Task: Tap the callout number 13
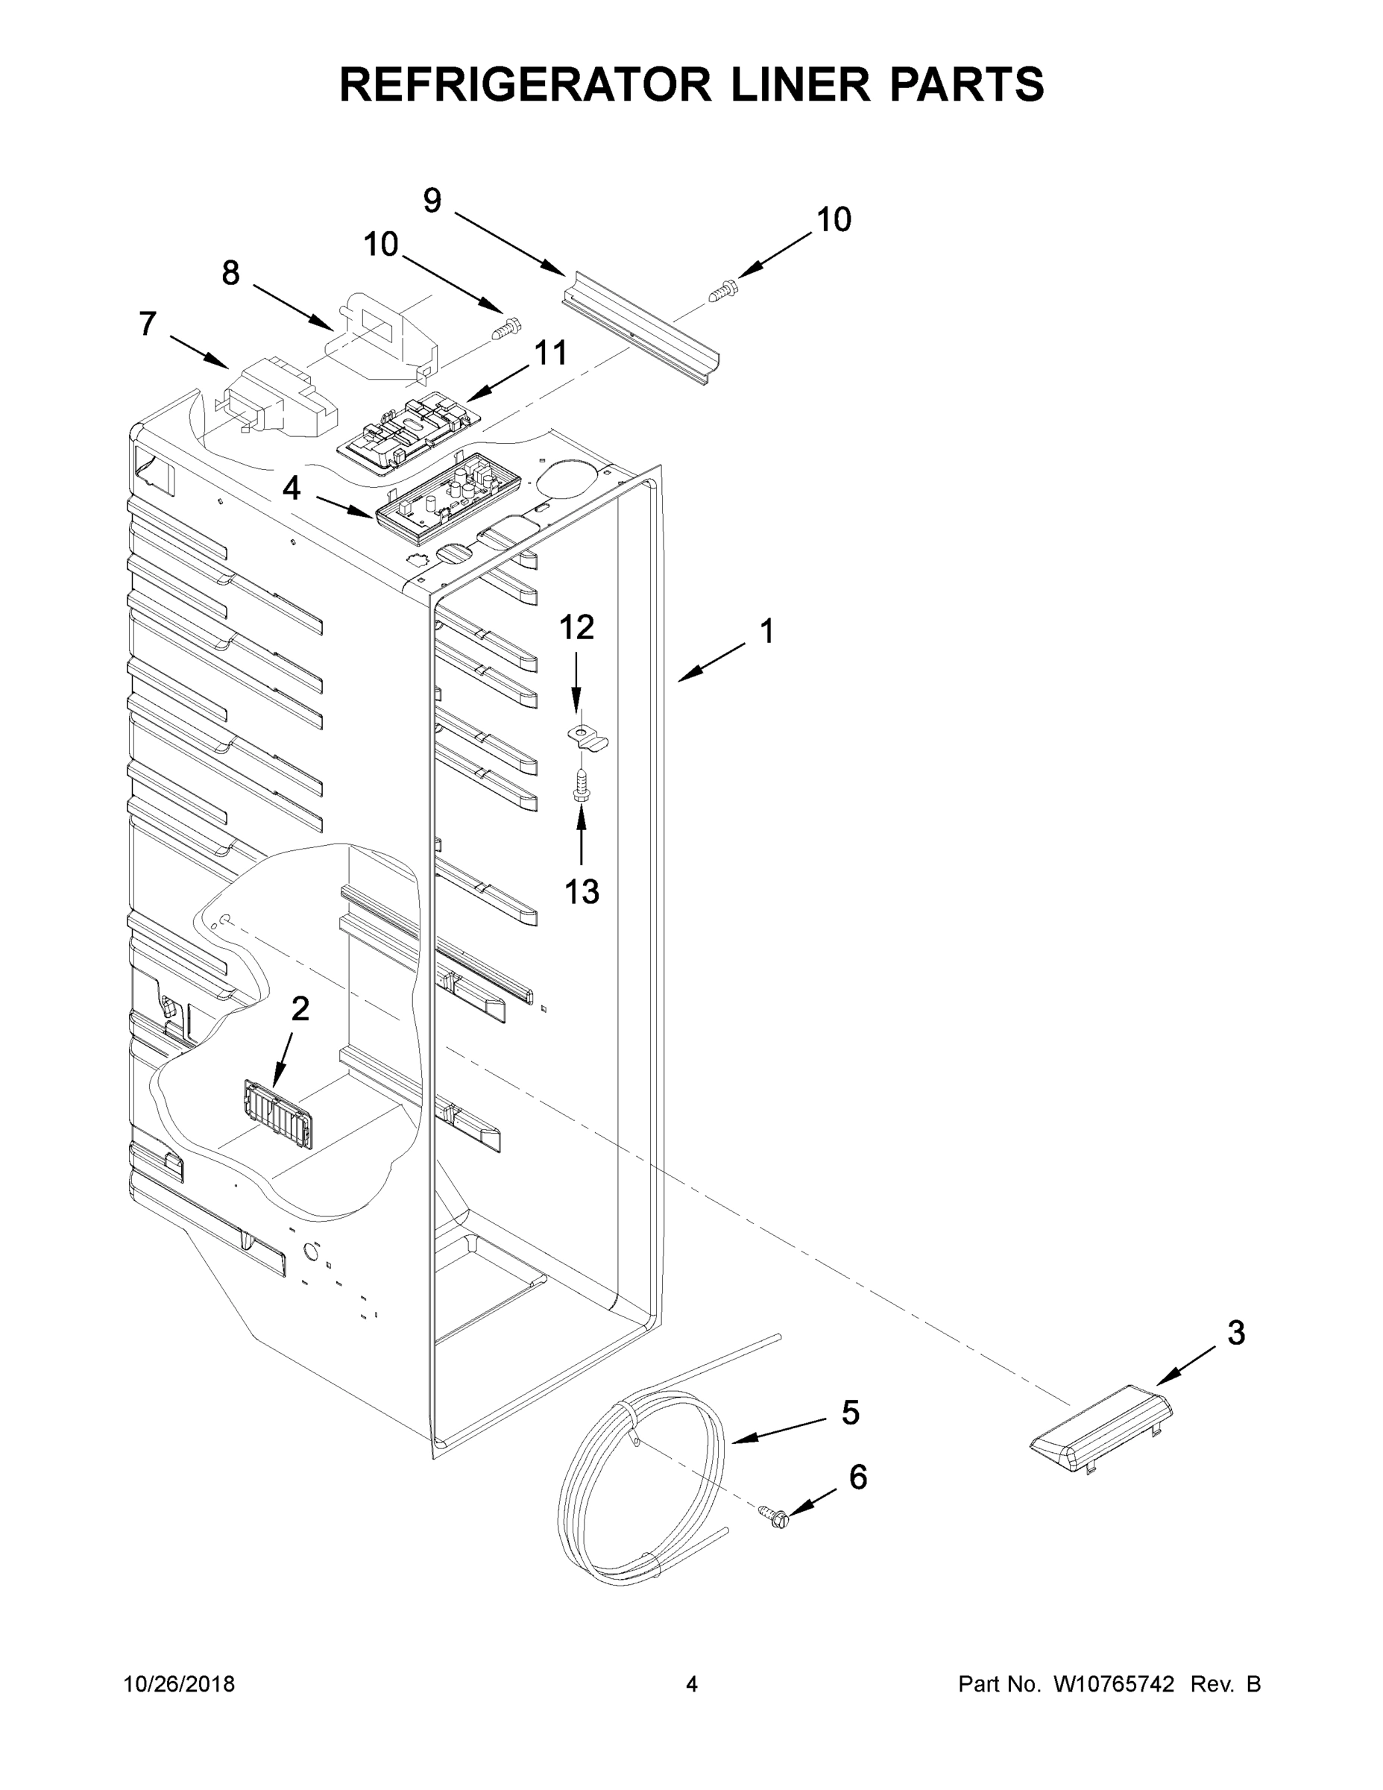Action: (581, 891)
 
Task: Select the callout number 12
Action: (576, 627)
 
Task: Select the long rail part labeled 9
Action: (640, 327)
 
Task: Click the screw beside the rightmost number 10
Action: (722, 290)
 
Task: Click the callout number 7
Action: (148, 324)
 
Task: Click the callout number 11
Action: (549, 354)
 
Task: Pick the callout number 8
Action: (230, 273)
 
